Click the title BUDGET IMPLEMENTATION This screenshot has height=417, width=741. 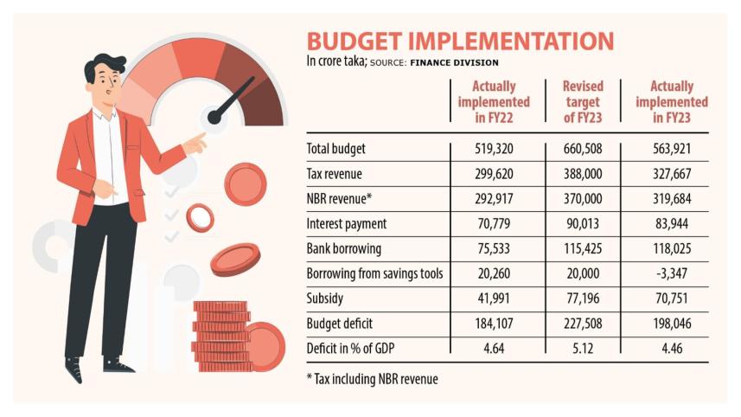click(460, 42)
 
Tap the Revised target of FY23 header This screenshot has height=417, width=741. click(583, 102)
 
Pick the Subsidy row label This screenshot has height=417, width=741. click(328, 298)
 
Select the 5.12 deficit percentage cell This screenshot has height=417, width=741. click(583, 349)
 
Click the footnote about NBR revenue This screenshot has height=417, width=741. click(372, 379)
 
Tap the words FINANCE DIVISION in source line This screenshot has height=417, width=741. click(454, 63)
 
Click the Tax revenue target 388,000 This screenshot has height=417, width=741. click(583, 173)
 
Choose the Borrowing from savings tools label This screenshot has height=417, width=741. click(375, 273)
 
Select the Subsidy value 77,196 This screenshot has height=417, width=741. click(583, 298)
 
